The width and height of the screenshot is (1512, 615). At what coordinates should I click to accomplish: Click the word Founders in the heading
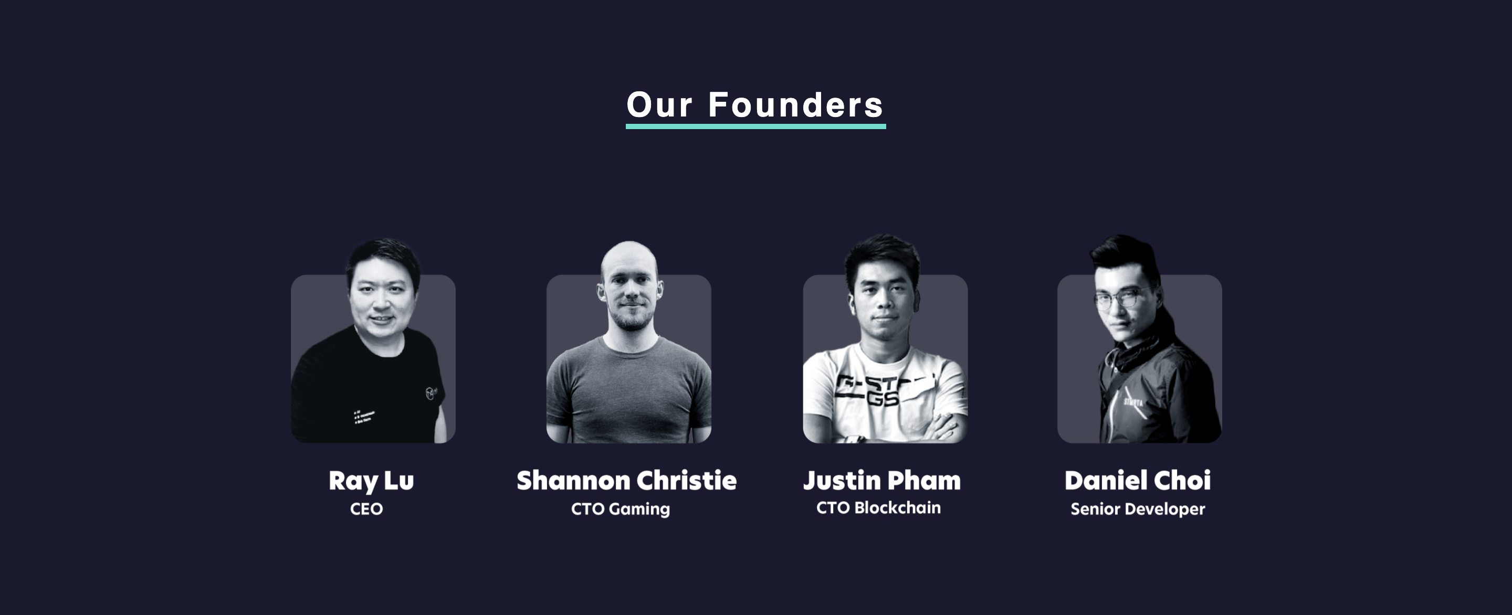coord(795,105)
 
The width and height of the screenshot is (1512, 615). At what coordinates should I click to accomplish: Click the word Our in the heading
coord(660,105)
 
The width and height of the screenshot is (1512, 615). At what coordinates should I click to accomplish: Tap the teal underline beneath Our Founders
coord(755,126)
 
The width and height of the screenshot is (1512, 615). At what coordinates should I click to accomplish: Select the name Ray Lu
coord(371,481)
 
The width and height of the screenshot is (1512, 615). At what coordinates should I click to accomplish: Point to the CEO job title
coord(366,509)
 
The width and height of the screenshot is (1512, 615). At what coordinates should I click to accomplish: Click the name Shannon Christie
coord(626,481)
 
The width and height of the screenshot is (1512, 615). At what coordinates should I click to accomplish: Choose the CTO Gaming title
coord(621,509)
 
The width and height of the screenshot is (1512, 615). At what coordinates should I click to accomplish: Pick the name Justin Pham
coord(881,481)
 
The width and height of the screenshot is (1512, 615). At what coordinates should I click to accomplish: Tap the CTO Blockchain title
coord(878,507)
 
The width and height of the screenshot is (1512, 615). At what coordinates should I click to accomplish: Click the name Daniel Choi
coord(1138,481)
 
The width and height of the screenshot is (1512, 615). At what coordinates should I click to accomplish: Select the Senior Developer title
coord(1138,509)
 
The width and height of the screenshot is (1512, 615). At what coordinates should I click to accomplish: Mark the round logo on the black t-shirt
coord(432,393)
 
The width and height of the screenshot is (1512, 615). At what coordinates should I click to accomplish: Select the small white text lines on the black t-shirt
coord(363,416)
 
